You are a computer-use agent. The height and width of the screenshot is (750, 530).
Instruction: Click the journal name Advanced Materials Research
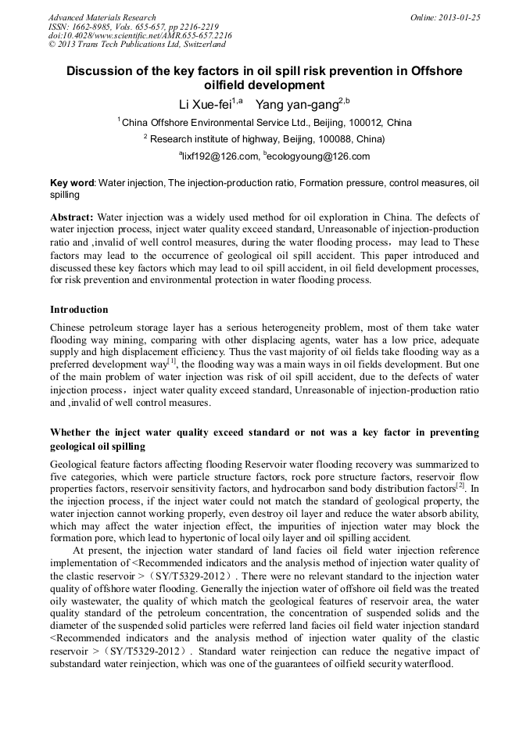(102, 17)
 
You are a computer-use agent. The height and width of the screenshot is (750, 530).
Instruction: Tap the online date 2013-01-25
(459, 17)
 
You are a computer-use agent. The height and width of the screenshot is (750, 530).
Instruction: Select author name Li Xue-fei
(206, 103)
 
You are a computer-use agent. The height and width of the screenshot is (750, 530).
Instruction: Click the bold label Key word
(72, 183)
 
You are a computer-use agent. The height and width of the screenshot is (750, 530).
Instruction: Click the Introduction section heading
(79, 310)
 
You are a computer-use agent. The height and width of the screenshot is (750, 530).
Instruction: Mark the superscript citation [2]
(460, 485)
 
